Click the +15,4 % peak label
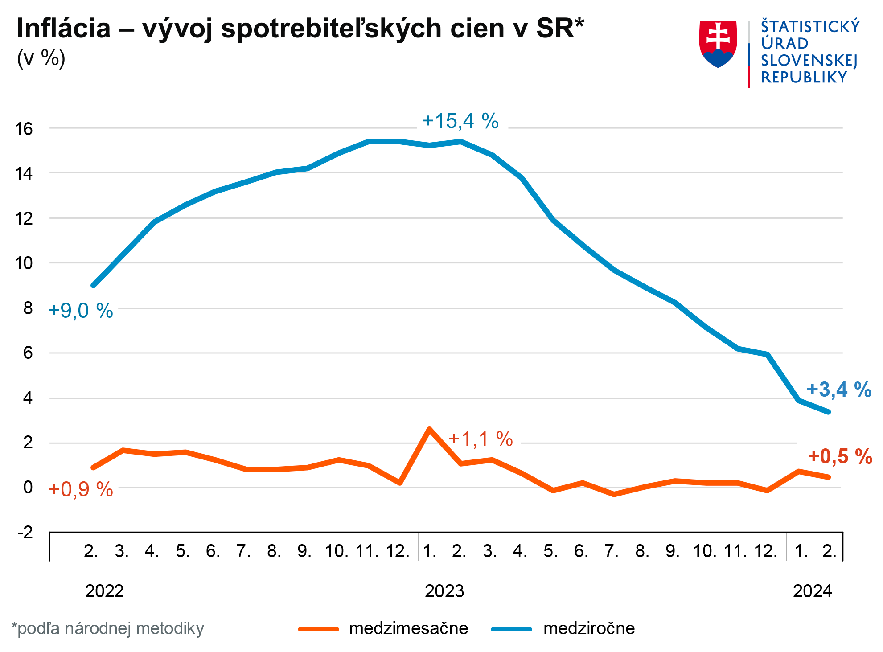coord(460,121)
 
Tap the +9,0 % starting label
coord(81,311)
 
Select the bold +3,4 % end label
coord(838,390)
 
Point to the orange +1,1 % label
coord(481,439)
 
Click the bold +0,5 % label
coord(840,457)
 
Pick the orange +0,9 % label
coord(81,489)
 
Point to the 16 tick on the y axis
coord(24,129)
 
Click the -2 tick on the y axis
coord(25,532)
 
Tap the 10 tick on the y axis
coord(24,263)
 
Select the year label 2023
coord(444,591)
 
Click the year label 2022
coord(104,591)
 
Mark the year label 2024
coord(812,591)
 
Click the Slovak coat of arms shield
coord(718,44)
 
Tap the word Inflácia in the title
coord(64,29)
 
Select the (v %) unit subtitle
coord(41,58)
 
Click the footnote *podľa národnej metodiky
coord(107,628)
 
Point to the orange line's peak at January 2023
coord(429,429)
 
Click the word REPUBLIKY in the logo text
coord(804,78)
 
